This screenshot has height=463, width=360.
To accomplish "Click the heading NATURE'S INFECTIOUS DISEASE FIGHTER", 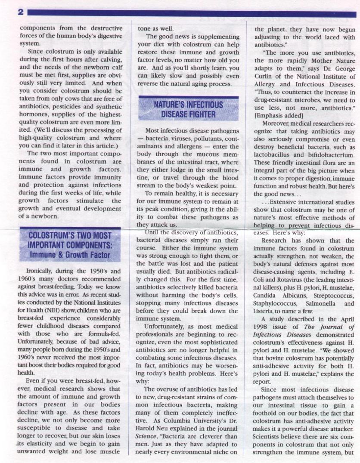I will click(x=188, y=109).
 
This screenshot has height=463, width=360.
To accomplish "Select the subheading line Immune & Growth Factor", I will click(x=69, y=254).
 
